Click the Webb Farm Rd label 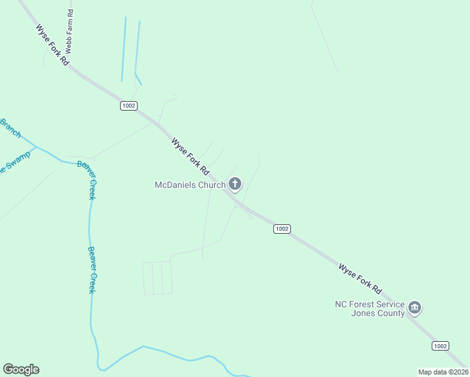click(x=70, y=31)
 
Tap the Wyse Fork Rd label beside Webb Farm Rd click(x=52, y=45)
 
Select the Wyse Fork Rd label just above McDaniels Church click(x=190, y=157)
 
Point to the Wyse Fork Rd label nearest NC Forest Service click(x=360, y=279)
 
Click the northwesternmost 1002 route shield click(x=129, y=106)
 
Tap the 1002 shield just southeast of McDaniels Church click(x=281, y=229)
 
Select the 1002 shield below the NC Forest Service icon click(x=440, y=346)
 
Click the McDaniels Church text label click(x=190, y=185)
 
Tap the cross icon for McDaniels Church click(x=235, y=184)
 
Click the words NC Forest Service click(x=369, y=304)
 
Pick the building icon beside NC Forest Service click(x=414, y=307)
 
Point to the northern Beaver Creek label click(x=86, y=180)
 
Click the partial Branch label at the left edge click(x=11, y=128)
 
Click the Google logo click(x=21, y=369)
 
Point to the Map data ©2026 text click(x=443, y=372)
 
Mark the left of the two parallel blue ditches click(x=124, y=49)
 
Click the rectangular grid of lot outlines click(x=157, y=278)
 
